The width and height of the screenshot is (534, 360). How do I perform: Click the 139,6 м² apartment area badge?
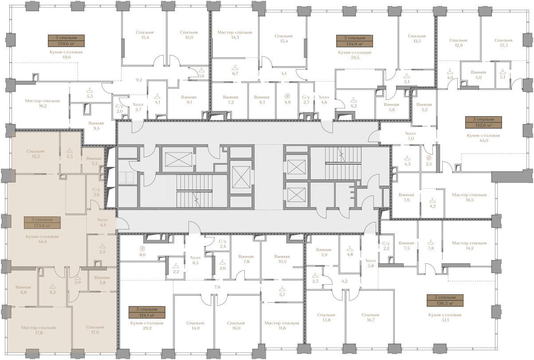[66, 41]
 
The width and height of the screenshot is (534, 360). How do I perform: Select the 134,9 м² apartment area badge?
[354, 41]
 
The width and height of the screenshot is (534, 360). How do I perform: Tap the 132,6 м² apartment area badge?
[483, 123]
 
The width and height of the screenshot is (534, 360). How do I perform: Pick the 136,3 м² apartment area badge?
[445, 301]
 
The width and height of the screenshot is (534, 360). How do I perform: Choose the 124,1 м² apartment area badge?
[147, 313]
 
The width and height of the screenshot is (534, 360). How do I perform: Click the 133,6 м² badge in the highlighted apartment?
[42, 222]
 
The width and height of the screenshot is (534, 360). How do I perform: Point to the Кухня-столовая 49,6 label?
[66, 55]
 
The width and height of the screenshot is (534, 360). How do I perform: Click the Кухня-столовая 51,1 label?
[445, 317]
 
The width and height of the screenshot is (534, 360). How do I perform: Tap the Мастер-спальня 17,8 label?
[39, 330]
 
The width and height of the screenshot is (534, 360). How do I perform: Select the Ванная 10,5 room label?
[282, 259]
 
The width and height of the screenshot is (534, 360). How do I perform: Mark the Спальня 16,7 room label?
[370, 317]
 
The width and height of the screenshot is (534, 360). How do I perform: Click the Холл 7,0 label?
[411, 136]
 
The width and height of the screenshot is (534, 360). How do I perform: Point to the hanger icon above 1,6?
[201, 71]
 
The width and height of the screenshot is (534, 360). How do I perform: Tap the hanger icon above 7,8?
[431, 242]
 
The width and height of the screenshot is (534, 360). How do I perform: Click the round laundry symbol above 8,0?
[142, 249]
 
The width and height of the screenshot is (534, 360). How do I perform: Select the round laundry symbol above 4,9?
[287, 96]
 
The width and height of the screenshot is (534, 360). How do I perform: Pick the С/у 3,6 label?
[96, 192]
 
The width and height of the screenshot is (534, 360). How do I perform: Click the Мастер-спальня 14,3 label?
[235, 35]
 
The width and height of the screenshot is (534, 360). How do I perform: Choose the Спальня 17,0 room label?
[95, 330]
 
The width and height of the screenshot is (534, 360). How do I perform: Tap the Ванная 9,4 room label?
[96, 126]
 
